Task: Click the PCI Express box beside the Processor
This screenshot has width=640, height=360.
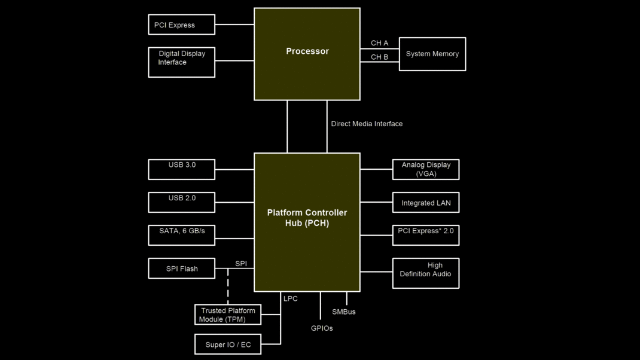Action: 181,25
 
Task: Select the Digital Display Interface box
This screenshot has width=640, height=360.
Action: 181,62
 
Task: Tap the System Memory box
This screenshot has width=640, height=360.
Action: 432,54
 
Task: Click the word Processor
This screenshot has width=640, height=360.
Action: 307,51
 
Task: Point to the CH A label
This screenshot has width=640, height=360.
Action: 379,43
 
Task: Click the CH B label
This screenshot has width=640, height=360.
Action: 379,57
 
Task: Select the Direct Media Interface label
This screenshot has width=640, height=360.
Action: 367,124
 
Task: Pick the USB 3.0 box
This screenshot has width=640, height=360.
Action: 181,169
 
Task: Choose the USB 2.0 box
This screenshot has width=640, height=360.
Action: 181,202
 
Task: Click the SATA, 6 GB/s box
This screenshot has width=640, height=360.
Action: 181,235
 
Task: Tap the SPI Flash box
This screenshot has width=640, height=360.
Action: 181,269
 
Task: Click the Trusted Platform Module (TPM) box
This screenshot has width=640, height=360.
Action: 228,315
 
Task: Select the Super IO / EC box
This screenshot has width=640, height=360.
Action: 228,344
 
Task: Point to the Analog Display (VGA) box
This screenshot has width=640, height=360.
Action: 426,169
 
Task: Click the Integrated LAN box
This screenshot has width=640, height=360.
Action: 426,203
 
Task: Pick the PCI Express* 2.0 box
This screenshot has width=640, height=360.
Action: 426,235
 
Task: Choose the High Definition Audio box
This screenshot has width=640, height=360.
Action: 426,273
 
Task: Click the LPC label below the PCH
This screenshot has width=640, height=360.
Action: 291,298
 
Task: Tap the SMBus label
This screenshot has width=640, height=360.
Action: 344,312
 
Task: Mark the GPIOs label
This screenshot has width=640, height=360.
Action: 322,328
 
